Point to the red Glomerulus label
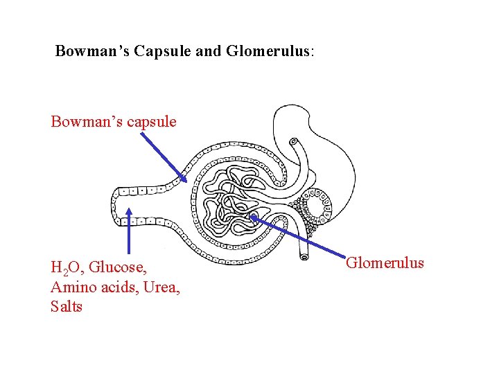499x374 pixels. (x=385, y=262)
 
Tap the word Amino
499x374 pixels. (x=71, y=287)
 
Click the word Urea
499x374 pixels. (x=161, y=287)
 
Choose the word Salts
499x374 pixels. (x=67, y=306)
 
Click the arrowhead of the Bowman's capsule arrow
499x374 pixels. (x=185, y=179)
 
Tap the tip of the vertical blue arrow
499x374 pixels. (x=129, y=208)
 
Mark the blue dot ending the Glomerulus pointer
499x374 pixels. (x=254, y=217)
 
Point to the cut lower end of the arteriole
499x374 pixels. (x=303, y=258)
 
